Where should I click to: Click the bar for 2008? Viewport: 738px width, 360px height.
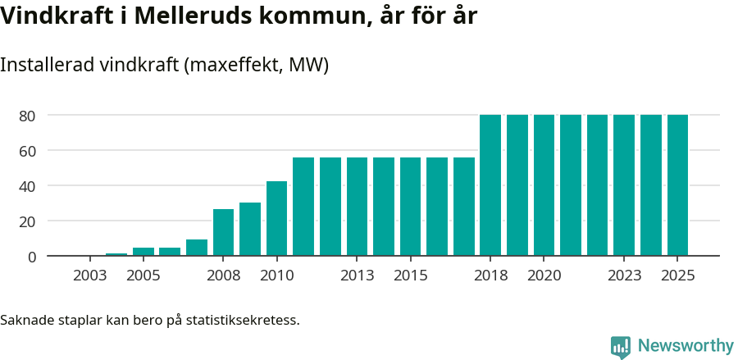(x=223, y=232)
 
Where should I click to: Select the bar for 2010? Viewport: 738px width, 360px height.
(x=276, y=218)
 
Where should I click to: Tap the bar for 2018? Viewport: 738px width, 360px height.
(x=490, y=185)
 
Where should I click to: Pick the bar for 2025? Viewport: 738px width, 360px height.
(x=677, y=185)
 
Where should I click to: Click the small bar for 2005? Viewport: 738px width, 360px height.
(x=143, y=252)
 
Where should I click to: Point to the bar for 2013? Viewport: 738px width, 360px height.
(x=357, y=207)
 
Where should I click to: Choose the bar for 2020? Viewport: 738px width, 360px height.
(x=544, y=185)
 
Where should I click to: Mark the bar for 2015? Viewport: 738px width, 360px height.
(x=410, y=207)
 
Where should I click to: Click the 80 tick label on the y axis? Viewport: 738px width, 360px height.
(x=27, y=116)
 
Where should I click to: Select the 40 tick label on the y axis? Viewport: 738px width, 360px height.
(x=27, y=186)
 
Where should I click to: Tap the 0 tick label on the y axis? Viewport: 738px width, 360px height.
(x=32, y=257)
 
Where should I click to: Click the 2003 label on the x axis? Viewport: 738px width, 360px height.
(x=90, y=276)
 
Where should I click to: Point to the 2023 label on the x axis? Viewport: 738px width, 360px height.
(x=624, y=276)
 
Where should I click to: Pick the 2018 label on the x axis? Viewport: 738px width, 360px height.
(x=490, y=276)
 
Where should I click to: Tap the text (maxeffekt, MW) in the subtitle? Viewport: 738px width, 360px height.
(x=257, y=65)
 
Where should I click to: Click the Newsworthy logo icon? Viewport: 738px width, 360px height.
(x=621, y=346)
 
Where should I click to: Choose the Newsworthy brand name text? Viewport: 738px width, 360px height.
(x=686, y=345)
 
